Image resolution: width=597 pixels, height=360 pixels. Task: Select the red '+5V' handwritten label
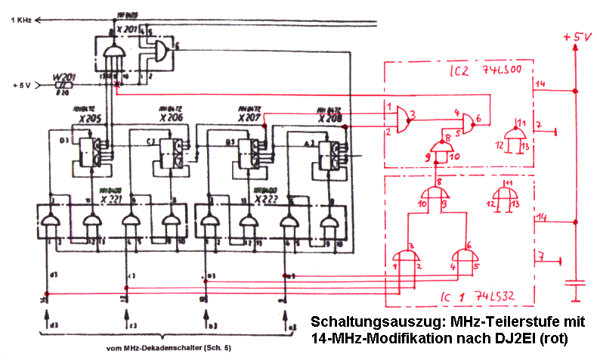pos(574,36)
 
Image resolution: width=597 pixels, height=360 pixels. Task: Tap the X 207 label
pos(249,118)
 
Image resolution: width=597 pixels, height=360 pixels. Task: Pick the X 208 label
pos(329,118)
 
